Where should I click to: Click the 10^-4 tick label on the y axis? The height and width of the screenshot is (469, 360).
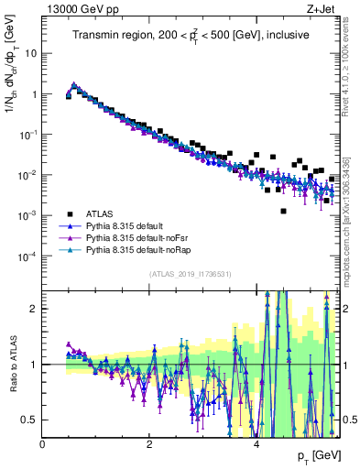click(x=28, y=256)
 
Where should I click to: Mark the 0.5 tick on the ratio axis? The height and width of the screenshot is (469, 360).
click(x=31, y=420)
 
